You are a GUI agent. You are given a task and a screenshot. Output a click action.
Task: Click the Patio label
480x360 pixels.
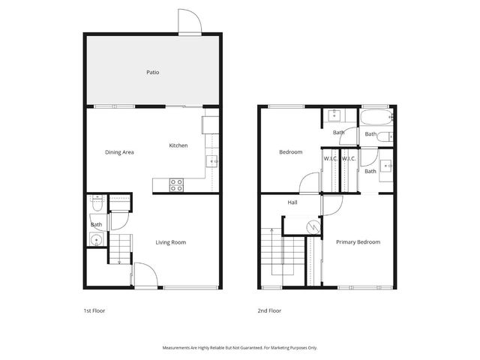coord(152,73)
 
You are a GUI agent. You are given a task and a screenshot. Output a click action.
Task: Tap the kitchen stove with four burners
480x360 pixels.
coord(177,184)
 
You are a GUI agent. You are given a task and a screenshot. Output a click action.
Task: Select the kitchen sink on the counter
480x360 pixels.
coord(212,161)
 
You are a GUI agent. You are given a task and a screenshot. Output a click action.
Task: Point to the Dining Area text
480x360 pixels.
coord(119,152)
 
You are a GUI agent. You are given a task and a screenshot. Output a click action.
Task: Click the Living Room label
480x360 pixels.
coord(170,242)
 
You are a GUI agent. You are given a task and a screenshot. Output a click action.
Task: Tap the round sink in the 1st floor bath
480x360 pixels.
coord(94,240)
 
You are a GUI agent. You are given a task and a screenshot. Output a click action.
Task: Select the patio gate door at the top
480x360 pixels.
coord(189,22)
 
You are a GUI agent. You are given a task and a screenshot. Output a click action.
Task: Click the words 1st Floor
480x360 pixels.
coord(94,310)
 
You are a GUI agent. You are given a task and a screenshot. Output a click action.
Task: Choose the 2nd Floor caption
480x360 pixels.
coord(268,310)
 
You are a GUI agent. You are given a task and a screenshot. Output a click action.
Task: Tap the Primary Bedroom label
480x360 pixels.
coord(358,242)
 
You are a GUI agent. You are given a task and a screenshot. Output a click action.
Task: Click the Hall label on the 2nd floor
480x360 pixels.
coord(292,202)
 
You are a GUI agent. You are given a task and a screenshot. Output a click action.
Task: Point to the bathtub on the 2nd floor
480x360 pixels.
coord(374,118)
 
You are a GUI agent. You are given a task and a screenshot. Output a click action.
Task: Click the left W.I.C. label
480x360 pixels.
coord(331,159)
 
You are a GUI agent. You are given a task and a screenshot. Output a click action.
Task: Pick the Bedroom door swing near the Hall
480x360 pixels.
coord(310,183)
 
